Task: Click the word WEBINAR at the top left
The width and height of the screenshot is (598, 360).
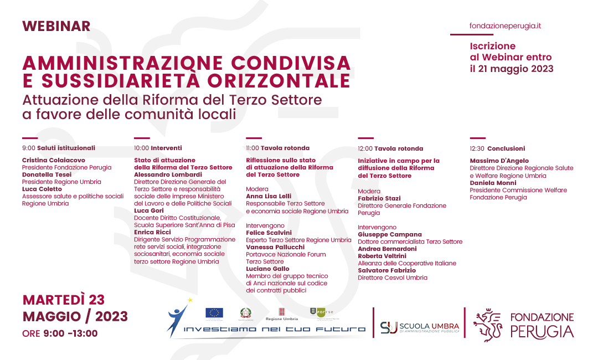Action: click(56, 26)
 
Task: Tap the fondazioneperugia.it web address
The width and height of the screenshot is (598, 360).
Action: click(505, 26)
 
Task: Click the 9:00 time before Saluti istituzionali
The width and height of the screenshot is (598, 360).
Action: click(28, 148)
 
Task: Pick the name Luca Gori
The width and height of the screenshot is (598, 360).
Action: click(148, 210)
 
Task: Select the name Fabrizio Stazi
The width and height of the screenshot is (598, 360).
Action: click(379, 198)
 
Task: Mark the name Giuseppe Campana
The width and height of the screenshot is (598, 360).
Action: click(389, 234)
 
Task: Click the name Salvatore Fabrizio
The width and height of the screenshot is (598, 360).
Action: click(386, 270)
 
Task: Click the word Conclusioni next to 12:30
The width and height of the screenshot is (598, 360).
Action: click(506, 148)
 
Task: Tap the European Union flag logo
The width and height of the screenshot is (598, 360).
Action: click(214, 313)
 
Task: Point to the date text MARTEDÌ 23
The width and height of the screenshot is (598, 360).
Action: click(64, 300)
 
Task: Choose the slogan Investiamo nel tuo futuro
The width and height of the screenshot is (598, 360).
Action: click(275, 329)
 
